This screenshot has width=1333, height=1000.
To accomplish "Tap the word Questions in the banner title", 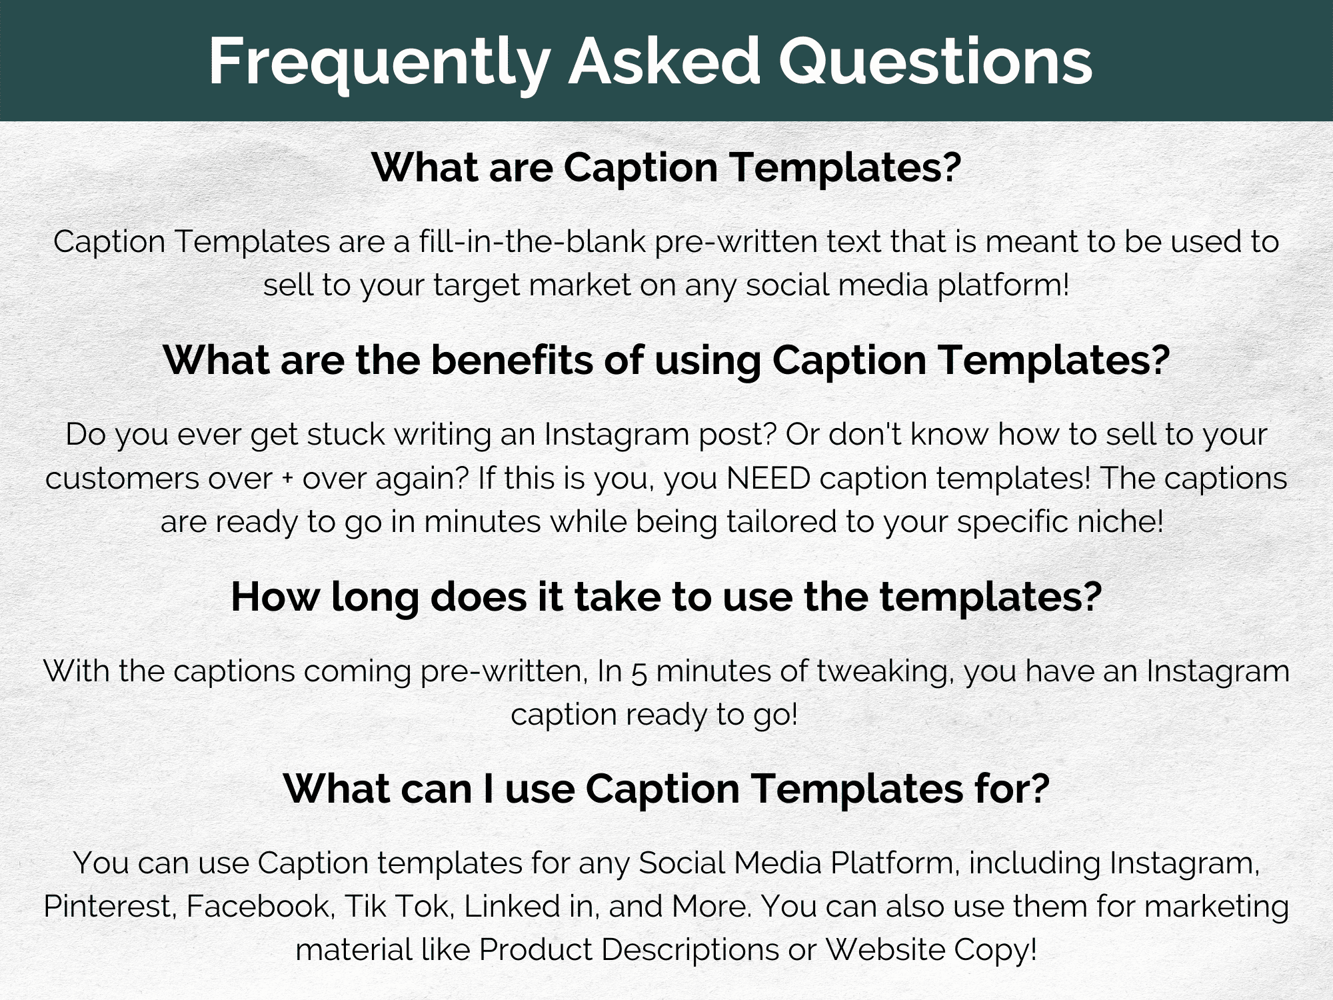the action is click(936, 61).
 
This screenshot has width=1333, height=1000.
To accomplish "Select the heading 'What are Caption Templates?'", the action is click(666, 167).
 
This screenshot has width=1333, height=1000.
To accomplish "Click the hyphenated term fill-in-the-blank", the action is click(533, 241).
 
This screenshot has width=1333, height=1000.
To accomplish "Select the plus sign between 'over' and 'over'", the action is click(287, 479).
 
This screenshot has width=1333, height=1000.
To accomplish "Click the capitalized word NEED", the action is click(768, 478).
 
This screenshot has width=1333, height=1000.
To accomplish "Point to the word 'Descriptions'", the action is click(690, 950).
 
